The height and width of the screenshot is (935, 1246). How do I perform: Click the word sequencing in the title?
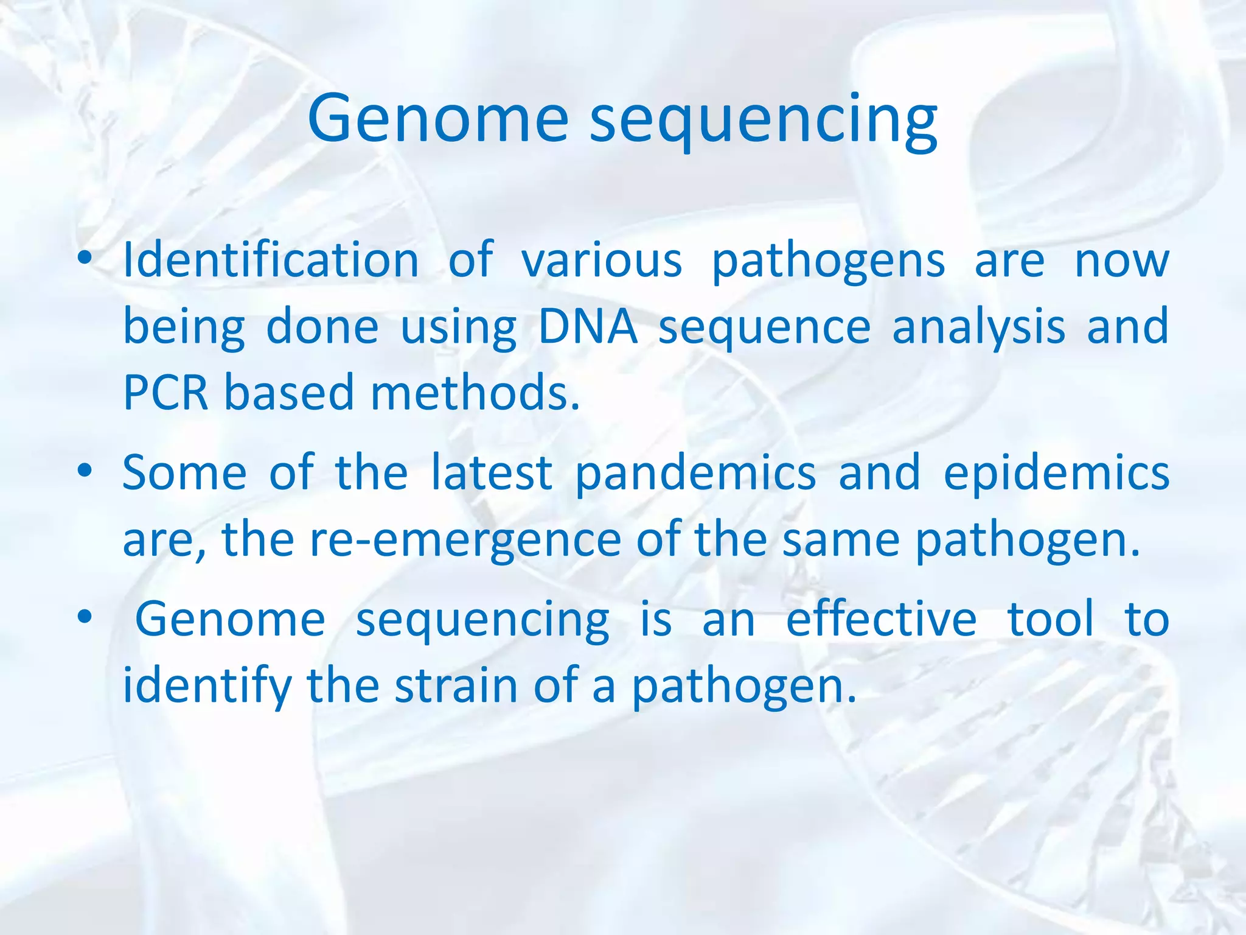point(763,122)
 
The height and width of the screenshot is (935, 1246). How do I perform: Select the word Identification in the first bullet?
point(271,261)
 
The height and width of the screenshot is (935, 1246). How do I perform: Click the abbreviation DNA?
point(588,327)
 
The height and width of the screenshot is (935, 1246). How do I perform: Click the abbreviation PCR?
point(165,393)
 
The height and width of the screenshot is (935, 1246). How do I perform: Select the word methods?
point(475,393)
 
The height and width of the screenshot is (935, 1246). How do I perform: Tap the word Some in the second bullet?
point(184,473)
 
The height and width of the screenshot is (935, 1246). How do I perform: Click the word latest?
point(492,473)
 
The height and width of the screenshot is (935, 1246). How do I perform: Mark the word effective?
point(881,620)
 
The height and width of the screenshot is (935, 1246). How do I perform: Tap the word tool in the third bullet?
point(1051,620)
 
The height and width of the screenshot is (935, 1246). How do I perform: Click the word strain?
point(456,686)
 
